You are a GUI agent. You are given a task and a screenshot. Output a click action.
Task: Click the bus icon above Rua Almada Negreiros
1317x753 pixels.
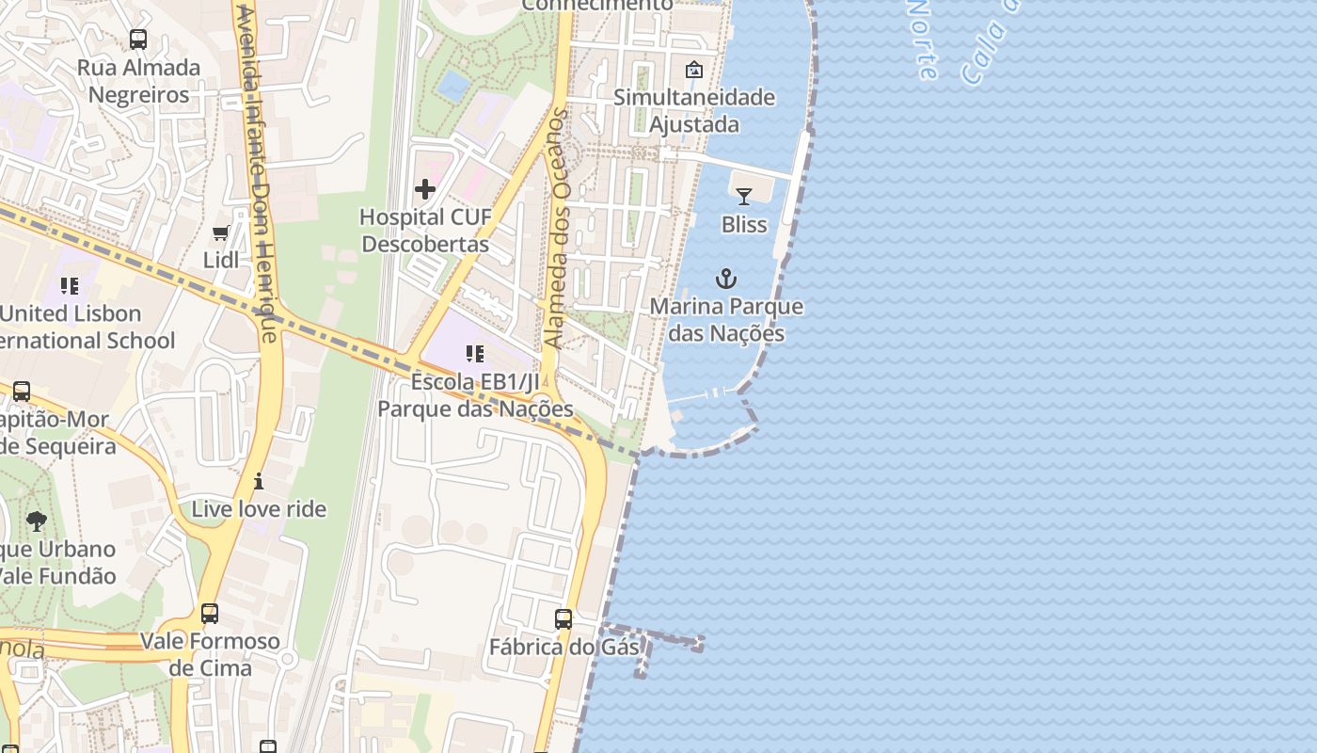pyautogui.click(x=138, y=40)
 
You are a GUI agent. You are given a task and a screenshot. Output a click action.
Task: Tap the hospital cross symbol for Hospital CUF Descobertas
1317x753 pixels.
pyautogui.click(x=425, y=189)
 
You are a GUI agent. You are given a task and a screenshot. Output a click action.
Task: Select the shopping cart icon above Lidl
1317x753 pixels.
pyautogui.click(x=221, y=232)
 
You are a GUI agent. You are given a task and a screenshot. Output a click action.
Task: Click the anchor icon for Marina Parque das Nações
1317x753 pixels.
pyautogui.click(x=725, y=279)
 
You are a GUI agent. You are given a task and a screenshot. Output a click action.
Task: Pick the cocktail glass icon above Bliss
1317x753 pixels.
pyautogui.click(x=744, y=197)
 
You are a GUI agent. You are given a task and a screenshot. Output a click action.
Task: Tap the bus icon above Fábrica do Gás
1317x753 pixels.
pyautogui.click(x=563, y=619)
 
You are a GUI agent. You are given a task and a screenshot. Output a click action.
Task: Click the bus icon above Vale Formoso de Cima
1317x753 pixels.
pyautogui.click(x=210, y=614)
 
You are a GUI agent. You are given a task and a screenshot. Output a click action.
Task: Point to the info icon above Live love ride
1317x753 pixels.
pyautogui.click(x=259, y=482)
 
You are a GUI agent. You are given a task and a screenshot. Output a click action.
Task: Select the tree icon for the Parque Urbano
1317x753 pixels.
pyautogui.click(x=37, y=521)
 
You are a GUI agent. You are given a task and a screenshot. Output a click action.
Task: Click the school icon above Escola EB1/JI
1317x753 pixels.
pyautogui.click(x=475, y=354)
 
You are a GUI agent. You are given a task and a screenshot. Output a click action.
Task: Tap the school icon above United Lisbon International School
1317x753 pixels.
pyautogui.click(x=69, y=285)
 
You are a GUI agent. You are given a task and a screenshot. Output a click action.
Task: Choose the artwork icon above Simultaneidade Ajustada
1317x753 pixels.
pyautogui.click(x=694, y=70)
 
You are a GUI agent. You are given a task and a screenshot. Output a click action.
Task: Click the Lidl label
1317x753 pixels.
pyautogui.click(x=221, y=260)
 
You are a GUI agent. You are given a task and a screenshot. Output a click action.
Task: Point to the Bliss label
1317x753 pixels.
pyautogui.click(x=744, y=224)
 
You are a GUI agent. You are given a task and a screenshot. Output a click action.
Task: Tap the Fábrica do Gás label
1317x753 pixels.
pyautogui.click(x=563, y=647)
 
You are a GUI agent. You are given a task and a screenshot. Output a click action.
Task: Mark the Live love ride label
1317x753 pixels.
pyautogui.click(x=259, y=509)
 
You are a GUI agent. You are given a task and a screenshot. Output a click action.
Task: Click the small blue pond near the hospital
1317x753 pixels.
pyautogui.click(x=453, y=86)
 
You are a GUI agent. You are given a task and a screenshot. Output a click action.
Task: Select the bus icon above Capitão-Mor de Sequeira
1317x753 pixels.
pyautogui.click(x=21, y=392)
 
